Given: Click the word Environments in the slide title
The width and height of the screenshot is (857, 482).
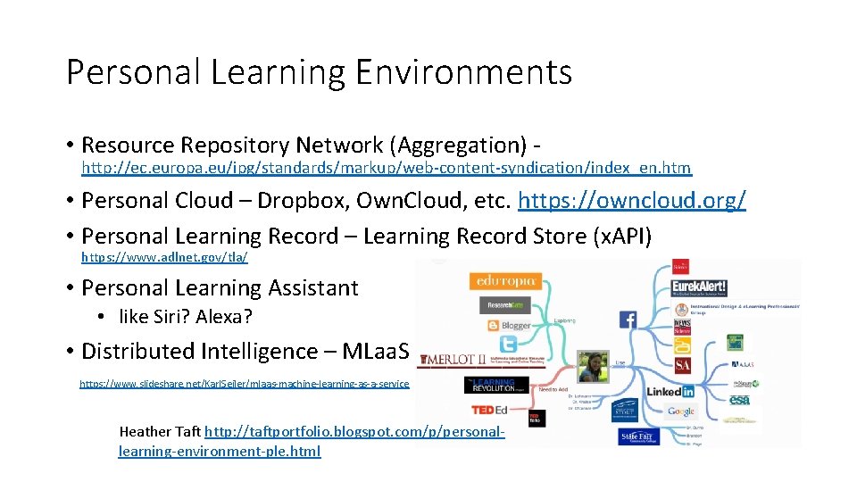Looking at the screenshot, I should pos(463,72).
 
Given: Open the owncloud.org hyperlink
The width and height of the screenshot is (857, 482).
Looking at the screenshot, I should pos(631,201).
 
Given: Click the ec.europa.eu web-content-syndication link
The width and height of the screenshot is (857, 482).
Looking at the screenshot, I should pos(386,168).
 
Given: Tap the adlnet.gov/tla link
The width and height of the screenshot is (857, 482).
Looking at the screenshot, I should pos(164,257).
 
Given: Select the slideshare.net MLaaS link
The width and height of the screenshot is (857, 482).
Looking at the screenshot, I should pos(244,384).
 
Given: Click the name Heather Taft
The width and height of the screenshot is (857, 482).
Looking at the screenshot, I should pos(160,432).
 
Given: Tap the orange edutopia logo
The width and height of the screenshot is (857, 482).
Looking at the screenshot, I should pos(505,280).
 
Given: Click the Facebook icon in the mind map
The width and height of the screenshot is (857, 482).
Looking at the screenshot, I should pos(628,320).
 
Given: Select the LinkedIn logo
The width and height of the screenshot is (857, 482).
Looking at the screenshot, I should pos(670,391).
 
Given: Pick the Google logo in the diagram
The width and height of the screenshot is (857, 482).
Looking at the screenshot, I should pos(680,411).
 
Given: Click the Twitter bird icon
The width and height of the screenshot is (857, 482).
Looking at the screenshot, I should pos(508,345).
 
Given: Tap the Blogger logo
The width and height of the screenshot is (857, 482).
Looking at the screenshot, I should pos(510,326).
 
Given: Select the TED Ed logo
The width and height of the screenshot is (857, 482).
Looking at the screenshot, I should pos(490,411).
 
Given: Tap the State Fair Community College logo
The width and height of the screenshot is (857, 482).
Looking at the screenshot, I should pos(638,436).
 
